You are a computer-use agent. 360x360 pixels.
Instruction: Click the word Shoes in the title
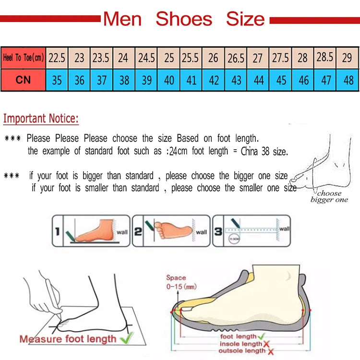coord(184,19)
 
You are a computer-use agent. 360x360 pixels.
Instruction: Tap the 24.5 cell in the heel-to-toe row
coord(146,58)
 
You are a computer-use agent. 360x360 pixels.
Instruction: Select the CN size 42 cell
coord(214,80)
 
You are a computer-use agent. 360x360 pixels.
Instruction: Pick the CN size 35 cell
coord(57,80)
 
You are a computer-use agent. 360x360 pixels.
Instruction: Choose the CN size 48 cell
coord(348,80)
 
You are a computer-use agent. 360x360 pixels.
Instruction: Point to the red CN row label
coord(23,80)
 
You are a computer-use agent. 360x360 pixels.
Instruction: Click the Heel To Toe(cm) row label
coord(23,58)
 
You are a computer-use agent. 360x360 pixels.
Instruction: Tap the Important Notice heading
coord(41,119)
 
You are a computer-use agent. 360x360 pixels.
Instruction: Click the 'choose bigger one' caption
coord(329,197)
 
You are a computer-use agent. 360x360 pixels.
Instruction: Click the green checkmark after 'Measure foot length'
coord(126,338)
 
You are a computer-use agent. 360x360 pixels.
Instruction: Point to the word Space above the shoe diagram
coord(176,277)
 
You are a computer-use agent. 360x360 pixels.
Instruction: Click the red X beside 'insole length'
coord(266,344)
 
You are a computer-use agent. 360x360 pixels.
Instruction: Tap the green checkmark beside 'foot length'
coord(262,336)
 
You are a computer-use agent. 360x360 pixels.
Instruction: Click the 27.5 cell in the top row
coord(280,58)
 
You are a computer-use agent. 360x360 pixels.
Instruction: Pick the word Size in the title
coord(245,19)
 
